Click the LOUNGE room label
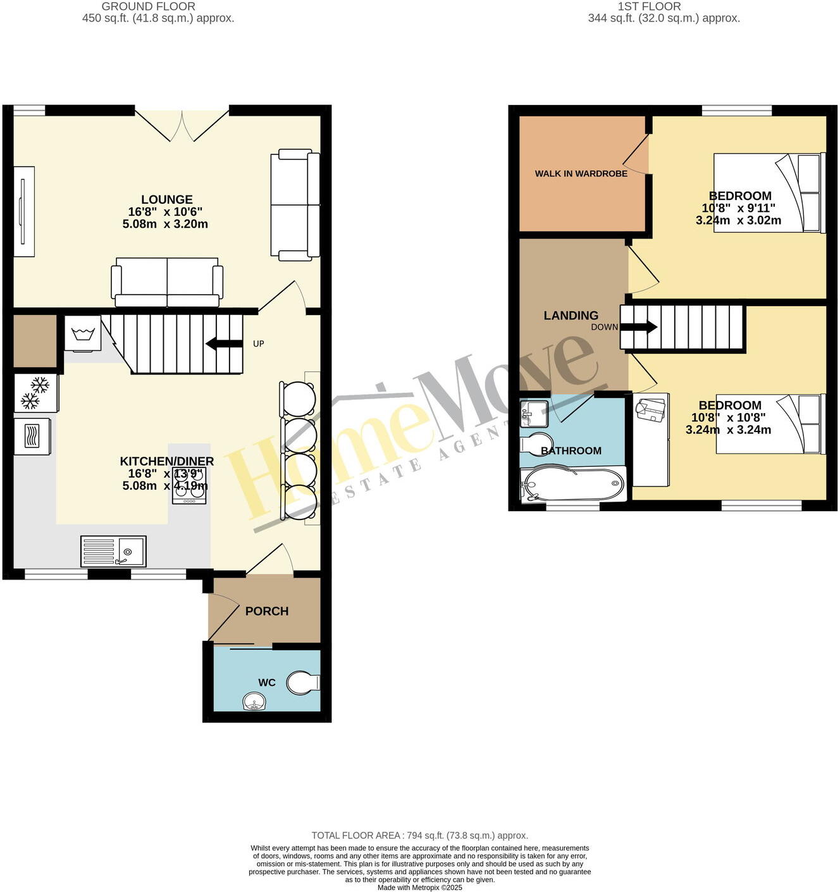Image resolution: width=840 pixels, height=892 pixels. [x=166, y=200]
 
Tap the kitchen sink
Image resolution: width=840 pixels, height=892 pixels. [x=113, y=551]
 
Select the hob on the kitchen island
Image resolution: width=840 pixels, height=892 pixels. [x=189, y=486]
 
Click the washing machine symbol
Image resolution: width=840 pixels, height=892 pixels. [x=83, y=333]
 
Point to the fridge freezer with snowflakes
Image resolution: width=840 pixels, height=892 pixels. [x=36, y=392]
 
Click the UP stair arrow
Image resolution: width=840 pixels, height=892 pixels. [x=225, y=344]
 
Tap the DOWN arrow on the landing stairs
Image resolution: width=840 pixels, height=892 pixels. [x=639, y=327]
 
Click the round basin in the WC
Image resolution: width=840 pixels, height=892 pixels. [x=255, y=702]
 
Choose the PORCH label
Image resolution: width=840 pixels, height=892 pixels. [x=267, y=611]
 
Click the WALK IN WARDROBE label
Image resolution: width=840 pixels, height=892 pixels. [x=581, y=173]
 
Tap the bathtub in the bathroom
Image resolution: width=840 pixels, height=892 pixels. [x=573, y=485]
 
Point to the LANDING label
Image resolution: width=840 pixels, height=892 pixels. [x=571, y=315]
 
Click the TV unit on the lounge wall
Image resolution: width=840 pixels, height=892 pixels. [x=24, y=211]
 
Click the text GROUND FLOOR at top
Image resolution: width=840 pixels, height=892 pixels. [x=149, y=6]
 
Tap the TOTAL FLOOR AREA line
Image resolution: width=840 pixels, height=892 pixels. [x=419, y=835]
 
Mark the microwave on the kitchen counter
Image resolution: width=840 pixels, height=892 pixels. [x=32, y=436]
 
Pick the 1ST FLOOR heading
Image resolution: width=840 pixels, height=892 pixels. [x=649, y=6]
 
